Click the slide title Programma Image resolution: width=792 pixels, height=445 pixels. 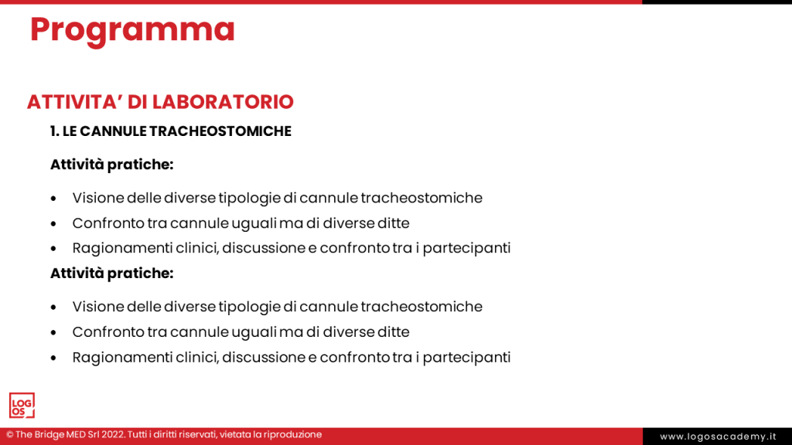pos(132,30)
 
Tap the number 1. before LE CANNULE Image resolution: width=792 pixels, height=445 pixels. pos(55,131)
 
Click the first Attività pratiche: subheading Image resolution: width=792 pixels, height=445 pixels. pos(111,165)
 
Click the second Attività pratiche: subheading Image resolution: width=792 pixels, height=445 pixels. pos(111,273)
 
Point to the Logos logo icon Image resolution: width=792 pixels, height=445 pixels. pos(22,406)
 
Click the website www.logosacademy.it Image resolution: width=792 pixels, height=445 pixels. pos(717,437)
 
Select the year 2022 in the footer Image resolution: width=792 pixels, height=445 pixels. pos(110,435)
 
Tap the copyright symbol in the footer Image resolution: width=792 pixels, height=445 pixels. pos(10,435)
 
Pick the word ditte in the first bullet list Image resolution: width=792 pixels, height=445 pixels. pos(392,223)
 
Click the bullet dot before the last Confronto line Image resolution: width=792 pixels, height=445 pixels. pos(53,333)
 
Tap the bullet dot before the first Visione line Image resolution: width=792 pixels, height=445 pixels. pos(53,199)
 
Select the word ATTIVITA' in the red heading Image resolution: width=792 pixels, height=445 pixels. pos(65,102)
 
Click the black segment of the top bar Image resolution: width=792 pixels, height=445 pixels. pos(716,2)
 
